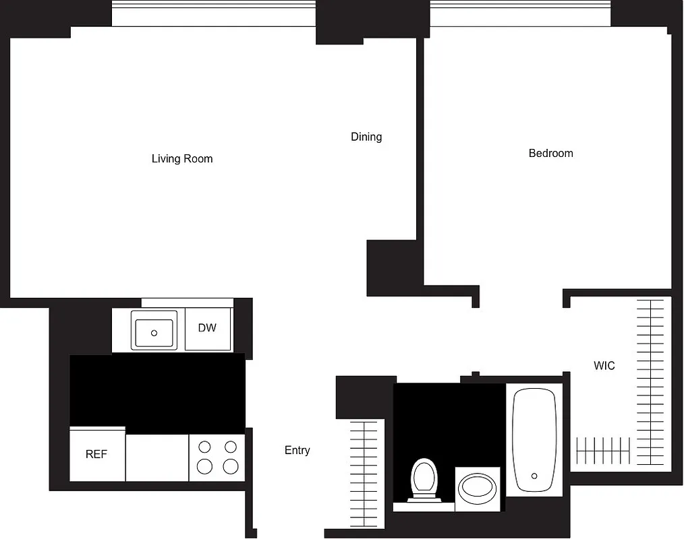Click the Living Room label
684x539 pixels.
[182, 159]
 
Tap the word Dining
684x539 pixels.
[366, 137]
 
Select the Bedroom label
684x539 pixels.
[550, 154]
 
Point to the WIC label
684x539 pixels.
[604, 366]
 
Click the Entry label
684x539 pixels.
[297, 450]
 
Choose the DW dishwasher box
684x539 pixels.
[208, 329]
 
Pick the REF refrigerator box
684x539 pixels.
[96, 455]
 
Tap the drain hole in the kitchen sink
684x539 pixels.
[154, 333]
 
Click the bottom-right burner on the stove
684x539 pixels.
[231, 466]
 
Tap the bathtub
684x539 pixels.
[534, 439]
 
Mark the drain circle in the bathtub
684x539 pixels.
[534, 476]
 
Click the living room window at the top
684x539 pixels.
[213, 13]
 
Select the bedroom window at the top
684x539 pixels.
[520, 13]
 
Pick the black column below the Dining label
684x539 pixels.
[391, 267]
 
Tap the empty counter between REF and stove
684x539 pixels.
[156, 458]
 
